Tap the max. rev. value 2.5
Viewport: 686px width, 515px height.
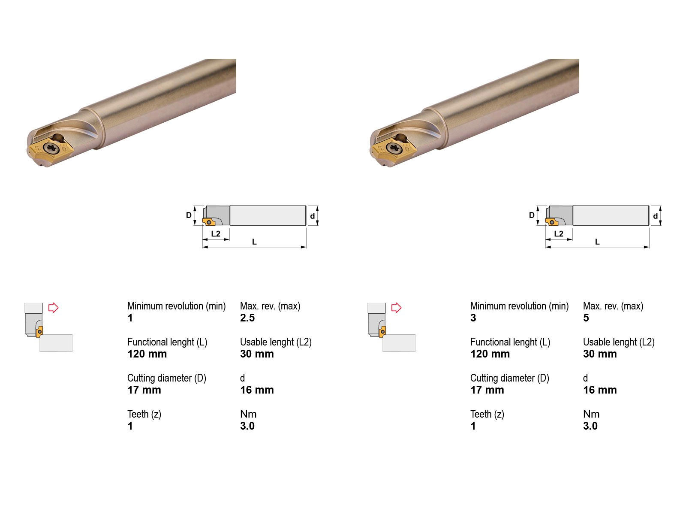[x=247, y=318]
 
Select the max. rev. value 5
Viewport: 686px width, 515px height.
[x=586, y=318]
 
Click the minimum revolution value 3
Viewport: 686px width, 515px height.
[x=473, y=318]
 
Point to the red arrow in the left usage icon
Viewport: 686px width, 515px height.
[x=54, y=308]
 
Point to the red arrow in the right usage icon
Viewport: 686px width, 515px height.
[x=396, y=308]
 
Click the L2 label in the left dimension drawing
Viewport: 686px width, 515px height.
[x=216, y=233]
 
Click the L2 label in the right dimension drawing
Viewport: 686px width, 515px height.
[x=559, y=233]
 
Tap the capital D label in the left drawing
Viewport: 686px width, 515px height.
[x=189, y=215]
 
